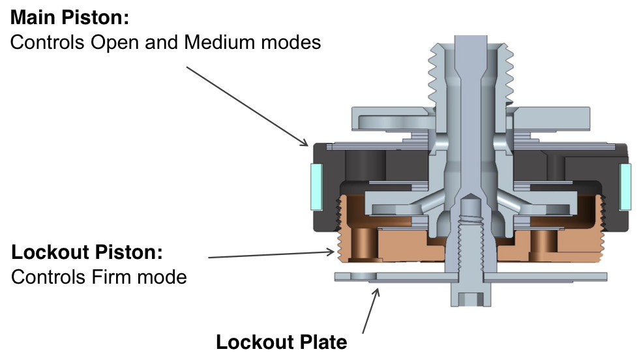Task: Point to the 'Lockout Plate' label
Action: [x=282, y=342]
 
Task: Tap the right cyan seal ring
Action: [x=625, y=187]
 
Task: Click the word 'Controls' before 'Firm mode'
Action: [x=46, y=277]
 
